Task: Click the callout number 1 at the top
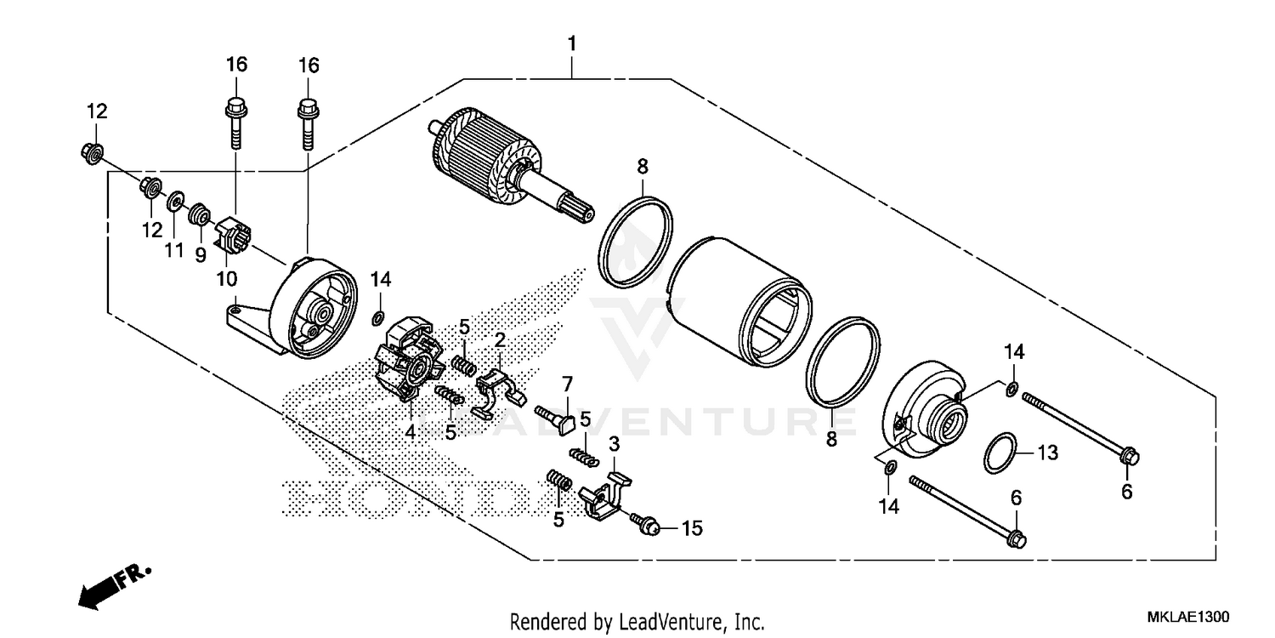572,43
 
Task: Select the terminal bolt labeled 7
557,416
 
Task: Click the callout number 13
1047,453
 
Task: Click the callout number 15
692,528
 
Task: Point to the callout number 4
410,431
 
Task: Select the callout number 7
567,383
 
